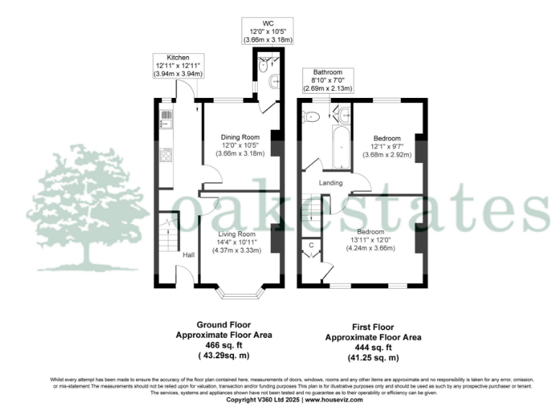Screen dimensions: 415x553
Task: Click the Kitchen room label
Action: (177, 57)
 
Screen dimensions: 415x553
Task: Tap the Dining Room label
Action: (240, 137)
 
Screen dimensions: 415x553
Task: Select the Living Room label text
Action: (238, 234)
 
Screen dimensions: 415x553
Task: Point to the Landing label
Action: (331, 182)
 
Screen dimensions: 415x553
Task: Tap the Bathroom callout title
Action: (327, 72)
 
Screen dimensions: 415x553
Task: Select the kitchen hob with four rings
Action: (166, 154)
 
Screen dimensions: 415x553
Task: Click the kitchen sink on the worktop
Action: (164, 118)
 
